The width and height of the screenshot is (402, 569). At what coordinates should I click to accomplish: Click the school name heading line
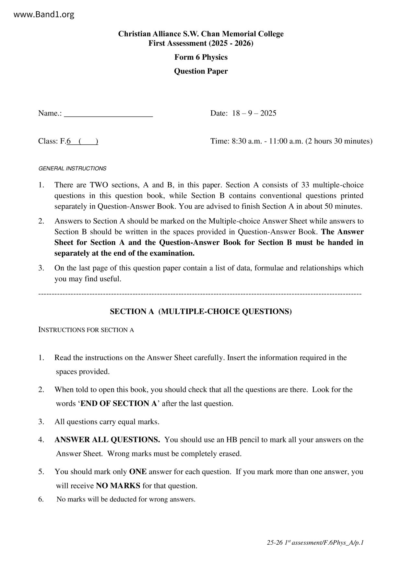click(201, 34)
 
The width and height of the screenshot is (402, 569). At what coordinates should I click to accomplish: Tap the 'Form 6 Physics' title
click(201, 57)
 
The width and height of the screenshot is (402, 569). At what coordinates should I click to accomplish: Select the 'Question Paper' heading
click(201, 71)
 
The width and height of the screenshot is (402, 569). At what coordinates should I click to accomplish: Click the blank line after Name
click(109, 114)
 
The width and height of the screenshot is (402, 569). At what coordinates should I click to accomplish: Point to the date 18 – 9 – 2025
click(254, 113)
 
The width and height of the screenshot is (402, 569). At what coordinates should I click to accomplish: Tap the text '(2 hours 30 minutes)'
click(339, 141)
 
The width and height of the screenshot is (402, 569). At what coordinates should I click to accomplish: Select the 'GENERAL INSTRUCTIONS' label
click(72, 168)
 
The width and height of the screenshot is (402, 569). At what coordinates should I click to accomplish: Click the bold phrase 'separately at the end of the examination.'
click(124, 253)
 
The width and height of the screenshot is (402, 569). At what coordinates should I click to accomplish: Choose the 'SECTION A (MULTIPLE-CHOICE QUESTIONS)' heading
click(201, 311)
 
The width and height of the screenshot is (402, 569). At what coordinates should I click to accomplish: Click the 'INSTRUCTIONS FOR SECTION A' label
click(86, 330)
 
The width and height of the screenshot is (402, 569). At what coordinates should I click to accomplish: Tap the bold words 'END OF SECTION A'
click(119, 404)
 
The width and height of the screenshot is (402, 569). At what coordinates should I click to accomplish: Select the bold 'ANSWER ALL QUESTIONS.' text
click(107, 440)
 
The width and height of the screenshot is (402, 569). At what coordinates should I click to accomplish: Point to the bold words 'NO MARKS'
click(118, 486)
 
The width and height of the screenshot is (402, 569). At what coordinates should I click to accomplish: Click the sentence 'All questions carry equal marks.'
click(107, 422)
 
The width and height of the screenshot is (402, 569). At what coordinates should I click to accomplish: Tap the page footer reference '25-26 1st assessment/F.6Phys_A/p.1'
click(315, 543)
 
